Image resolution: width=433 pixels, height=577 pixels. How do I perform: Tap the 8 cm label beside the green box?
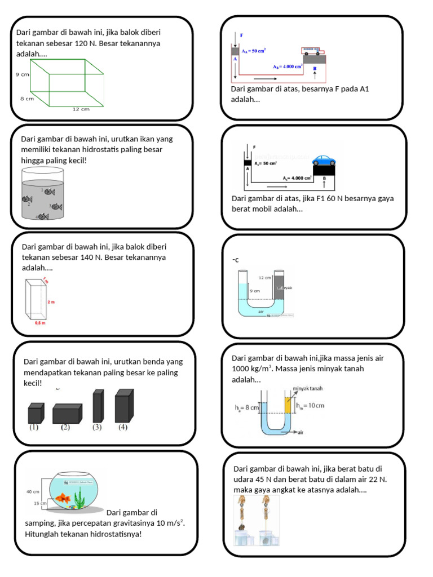click(26, 98)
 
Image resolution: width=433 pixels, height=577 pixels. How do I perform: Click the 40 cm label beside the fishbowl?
click(33, 491)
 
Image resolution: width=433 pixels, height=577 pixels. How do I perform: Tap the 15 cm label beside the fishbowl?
click(41, 503)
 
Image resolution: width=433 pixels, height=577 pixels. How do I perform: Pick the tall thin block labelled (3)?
click(98, 406)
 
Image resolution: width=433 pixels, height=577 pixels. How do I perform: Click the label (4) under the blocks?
click(123, 427)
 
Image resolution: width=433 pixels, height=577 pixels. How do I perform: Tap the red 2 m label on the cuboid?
click(51, 302)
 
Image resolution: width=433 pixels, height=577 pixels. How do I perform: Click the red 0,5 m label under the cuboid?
click(39, 323)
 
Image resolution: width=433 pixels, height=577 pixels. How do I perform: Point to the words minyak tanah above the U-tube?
click(308, 388)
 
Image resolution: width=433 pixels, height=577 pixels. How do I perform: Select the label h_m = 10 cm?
click(310, 405)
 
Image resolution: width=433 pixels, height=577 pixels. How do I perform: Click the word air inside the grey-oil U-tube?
click(260, 310)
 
